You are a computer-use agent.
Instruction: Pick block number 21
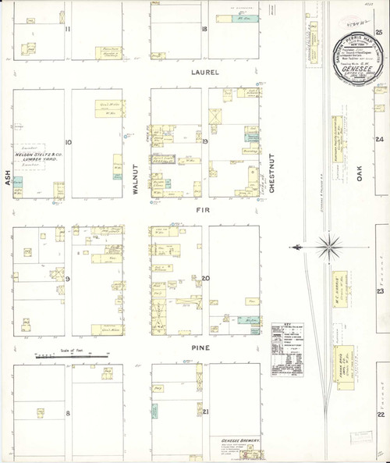pyautogui.click(x=205, y=411)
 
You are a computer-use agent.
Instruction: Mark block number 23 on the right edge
pyautogui.click(x=380, y=290)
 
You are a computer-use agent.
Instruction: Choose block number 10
pyautogui.click(x=69, y=142)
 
